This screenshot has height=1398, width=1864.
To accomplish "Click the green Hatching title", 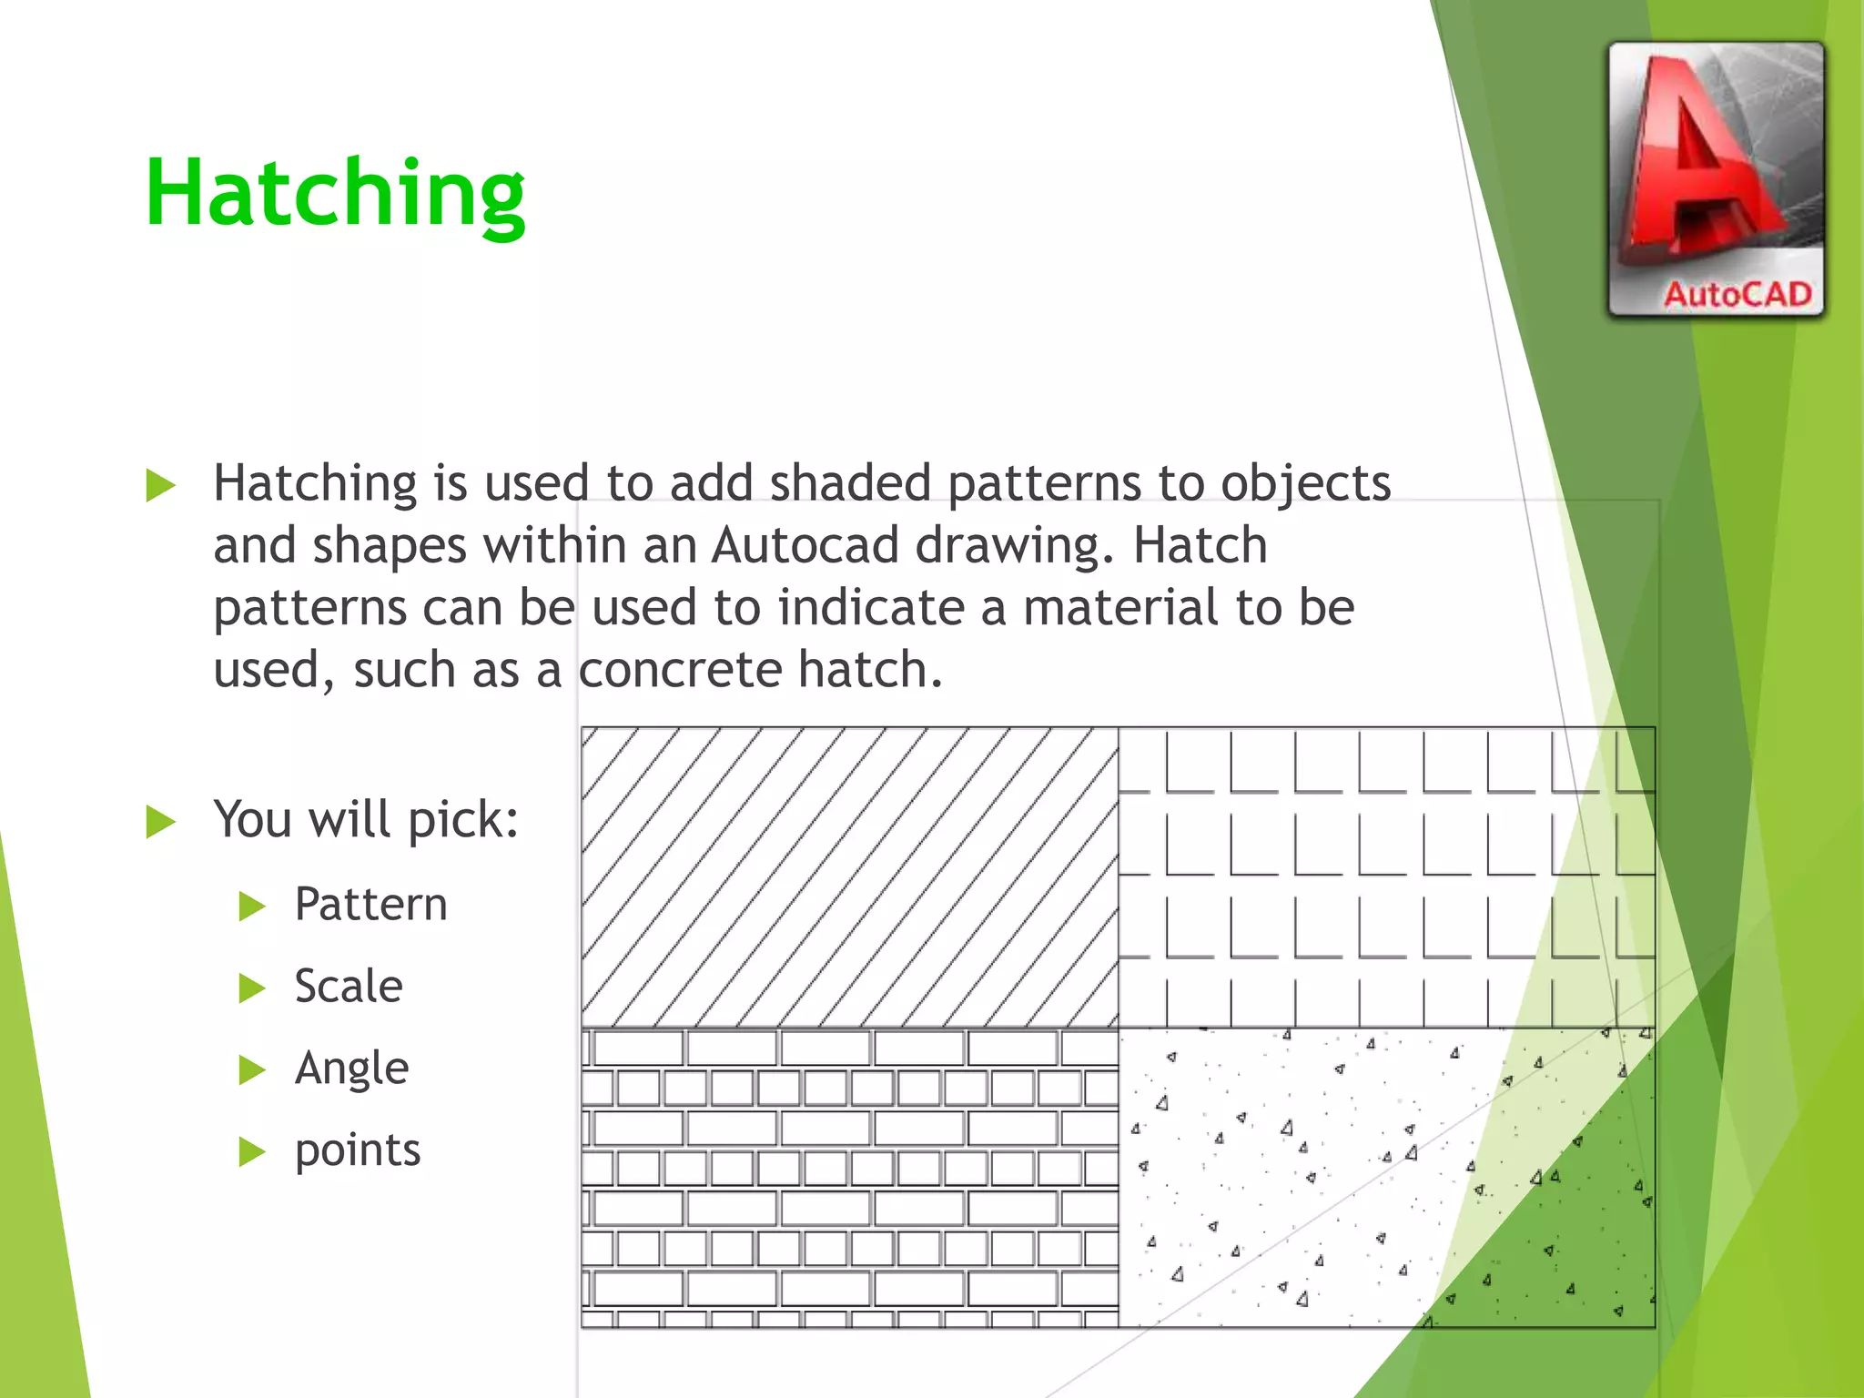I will point(335,193).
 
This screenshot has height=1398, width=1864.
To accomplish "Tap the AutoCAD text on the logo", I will point(1737,295).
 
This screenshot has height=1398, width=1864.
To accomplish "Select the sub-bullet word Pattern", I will point(370,905).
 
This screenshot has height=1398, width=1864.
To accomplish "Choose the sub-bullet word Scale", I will point(348,987).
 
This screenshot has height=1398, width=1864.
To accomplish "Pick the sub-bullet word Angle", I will point(351,1069).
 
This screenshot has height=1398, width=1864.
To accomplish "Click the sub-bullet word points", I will point(357,1150).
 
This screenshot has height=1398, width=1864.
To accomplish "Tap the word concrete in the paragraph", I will point(680,671).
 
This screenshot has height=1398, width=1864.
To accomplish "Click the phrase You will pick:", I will point(366,819).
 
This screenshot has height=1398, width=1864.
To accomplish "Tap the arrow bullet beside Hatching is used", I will point(160,485).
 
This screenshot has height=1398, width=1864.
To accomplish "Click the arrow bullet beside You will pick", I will point(160,821).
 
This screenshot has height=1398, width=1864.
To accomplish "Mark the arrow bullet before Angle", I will point(251,1069).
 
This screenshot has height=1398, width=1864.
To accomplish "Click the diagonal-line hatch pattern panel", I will point(849,877).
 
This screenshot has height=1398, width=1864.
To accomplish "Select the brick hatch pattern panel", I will point(849,1178).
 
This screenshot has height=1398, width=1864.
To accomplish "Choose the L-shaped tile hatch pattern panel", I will point(1385,877).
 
